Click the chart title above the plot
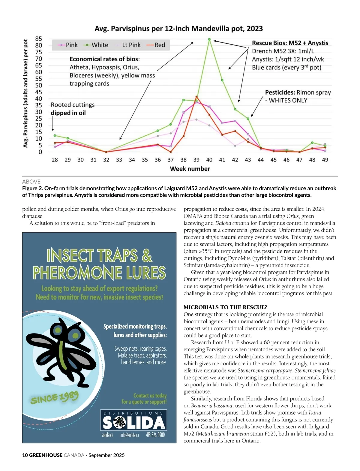click(178, 29)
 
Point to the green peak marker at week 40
click(209, 39)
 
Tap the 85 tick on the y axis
click(39, 39)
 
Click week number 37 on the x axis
click(170, 160)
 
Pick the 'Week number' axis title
click(190, 169)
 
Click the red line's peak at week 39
click(196, 97)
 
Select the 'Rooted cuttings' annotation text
click(73, 105)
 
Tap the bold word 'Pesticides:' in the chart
click(280, 92)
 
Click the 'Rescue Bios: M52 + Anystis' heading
click(290, 43)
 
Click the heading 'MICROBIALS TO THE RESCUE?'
click(225, 307)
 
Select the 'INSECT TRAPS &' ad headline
click(99, 255)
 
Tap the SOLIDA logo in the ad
click(133, 423)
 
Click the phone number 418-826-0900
click(155, 435)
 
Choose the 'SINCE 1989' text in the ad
click(54, 397)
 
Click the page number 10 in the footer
click(25, 455)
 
